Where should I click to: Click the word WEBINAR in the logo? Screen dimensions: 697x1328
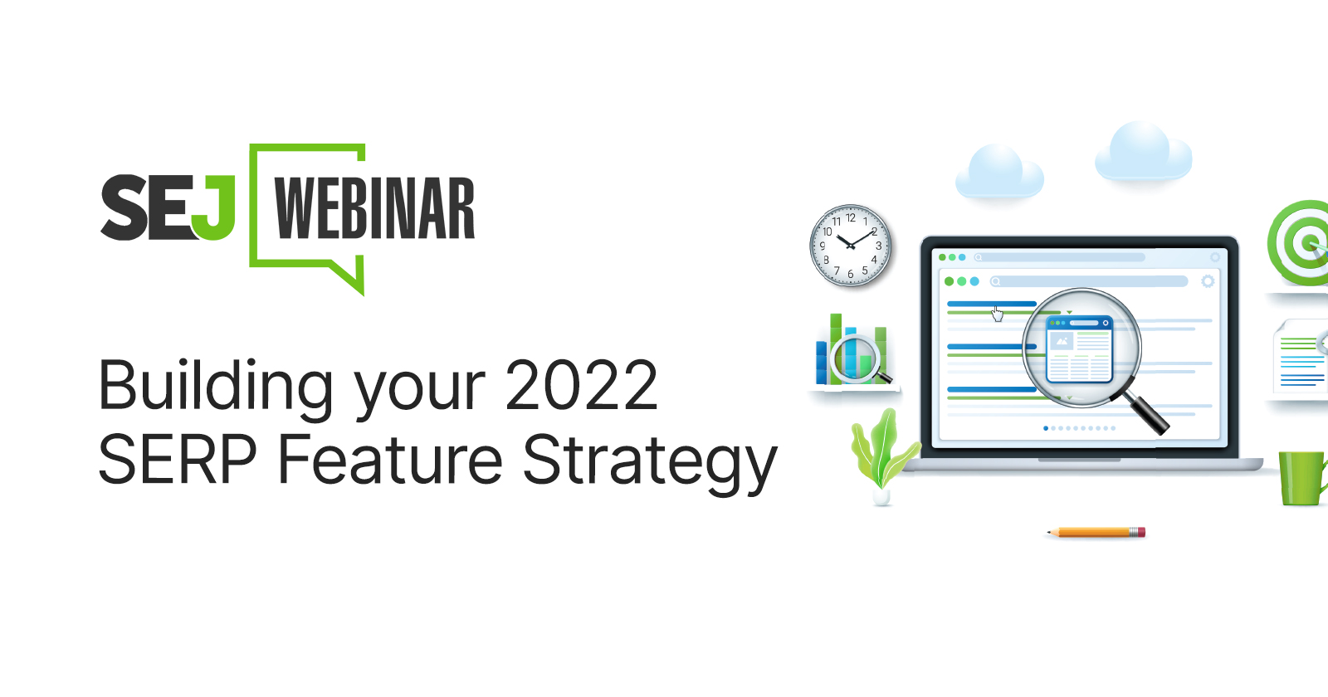pos(374,208)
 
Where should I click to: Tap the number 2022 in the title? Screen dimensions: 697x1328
pos(581,386)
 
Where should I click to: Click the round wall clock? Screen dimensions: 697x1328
pos(851,246)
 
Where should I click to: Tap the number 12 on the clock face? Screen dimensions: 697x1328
pos(851,218)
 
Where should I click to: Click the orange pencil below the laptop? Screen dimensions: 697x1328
pos(1096,532)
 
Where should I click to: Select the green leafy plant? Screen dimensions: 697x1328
pos(881,452)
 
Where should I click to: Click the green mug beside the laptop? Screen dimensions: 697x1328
pos(1301,478)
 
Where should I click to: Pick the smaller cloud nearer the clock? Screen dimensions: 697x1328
pos(998,172)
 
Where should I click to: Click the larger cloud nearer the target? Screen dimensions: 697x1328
pos(1143,152)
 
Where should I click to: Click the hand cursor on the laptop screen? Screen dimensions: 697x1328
pos(998,314)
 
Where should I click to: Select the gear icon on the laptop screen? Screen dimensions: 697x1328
pos(1208,281)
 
